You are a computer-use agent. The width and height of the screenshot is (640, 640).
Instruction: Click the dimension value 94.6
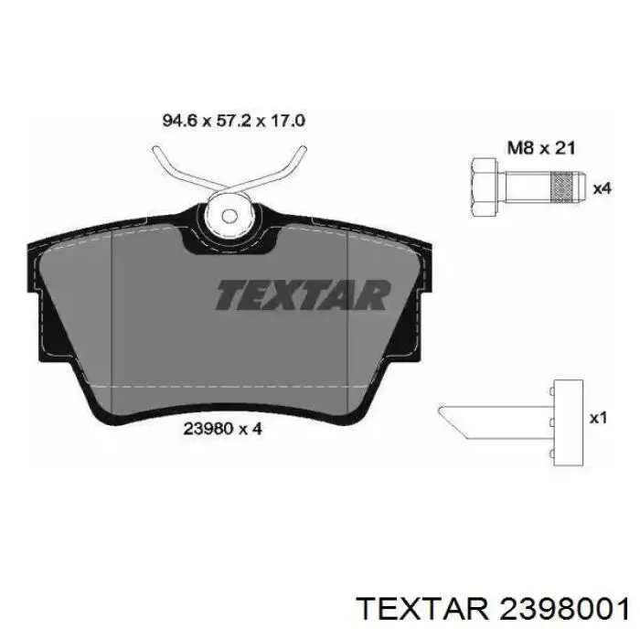point(180,121)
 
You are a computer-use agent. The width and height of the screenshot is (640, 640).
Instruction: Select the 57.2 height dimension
point(233,121)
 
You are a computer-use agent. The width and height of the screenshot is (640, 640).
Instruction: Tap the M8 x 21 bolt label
point(541,148)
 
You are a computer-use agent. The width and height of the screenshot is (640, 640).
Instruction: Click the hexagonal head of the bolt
point(485,187)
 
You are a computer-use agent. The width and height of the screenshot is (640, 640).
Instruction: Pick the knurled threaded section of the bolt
point(562,187)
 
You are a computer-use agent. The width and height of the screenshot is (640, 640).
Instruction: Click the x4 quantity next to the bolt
point(602,188)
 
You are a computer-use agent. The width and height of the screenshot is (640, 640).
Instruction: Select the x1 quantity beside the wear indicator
point(599,418)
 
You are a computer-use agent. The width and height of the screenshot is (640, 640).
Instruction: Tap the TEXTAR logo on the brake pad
point(303,294)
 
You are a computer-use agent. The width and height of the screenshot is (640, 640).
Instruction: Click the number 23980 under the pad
point(208,429)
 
